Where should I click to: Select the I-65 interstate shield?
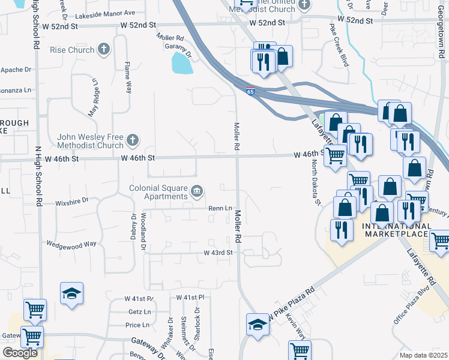pyautogui.click(x=250, y=91)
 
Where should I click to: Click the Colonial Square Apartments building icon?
pyautogui.click(x=196, y=192)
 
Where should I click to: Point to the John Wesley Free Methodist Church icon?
pyautogui.click(x=133, y=142)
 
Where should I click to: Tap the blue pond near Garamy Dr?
pyautogui.click(x=182, y=62)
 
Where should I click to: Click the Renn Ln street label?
pyautogui.click(x=220, y=208)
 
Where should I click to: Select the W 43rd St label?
pyautogui.click(x=218, y=253)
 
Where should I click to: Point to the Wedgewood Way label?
pyautogui.click(x=71, y=244)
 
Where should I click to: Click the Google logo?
pyautogui.click(x=20, y=352)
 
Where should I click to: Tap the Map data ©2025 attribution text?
pyautogui.click(x=423, y=355)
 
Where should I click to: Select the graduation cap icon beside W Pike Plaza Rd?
pyautogui.click(x=258, y=325)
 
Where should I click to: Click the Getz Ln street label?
pyautogui.click(x=139, y=312)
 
